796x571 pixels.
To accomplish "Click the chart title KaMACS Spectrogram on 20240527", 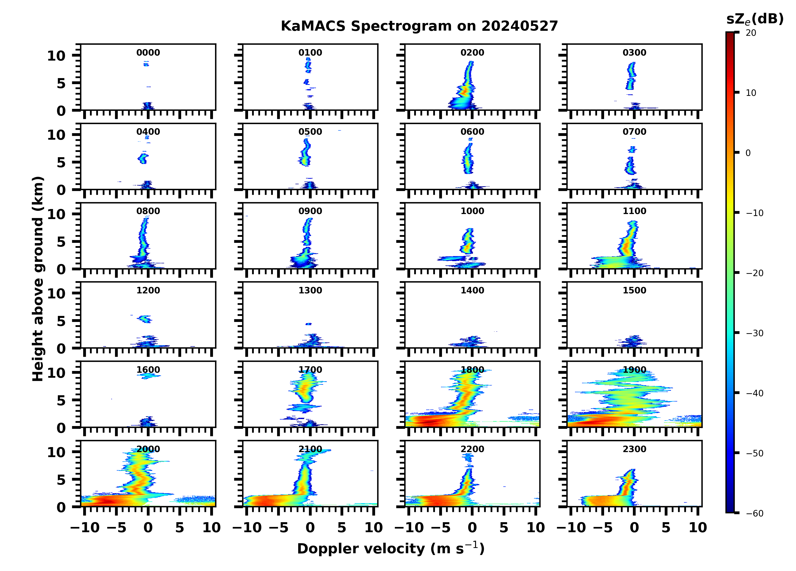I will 419,26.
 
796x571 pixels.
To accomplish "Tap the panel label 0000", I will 148,53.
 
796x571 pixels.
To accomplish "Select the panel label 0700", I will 634,132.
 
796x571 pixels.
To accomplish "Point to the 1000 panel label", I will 472,211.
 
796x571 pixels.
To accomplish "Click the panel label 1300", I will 310,290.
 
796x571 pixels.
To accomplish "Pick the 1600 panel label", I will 148,370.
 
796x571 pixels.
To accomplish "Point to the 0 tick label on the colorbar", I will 748,153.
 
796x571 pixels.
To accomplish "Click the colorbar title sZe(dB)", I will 755,19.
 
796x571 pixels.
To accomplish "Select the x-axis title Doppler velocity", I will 391,549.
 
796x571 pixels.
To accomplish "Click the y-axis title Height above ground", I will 38,279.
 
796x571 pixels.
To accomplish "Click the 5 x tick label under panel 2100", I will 342,527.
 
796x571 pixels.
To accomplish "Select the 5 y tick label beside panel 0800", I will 61,242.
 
